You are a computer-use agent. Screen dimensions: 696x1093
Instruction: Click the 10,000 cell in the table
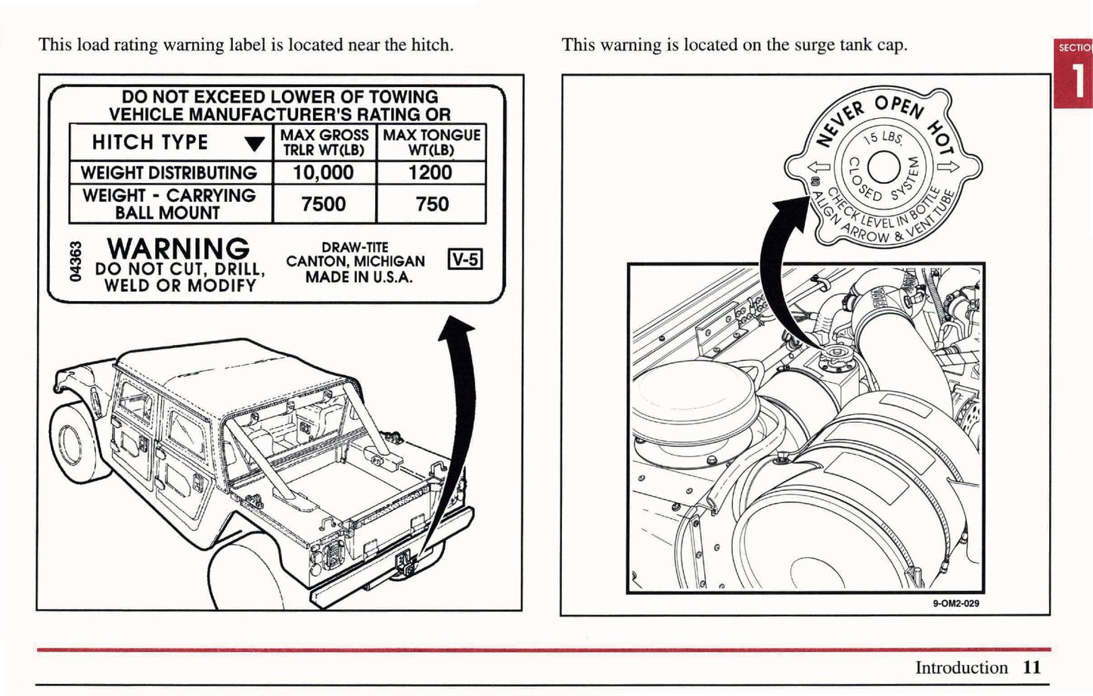click(x=323, y=172)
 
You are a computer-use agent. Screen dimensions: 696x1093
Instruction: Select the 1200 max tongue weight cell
click(x=430, y=172)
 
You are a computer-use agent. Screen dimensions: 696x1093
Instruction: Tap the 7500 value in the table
click(x=323, y=204)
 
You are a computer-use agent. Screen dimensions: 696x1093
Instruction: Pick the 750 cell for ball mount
click(x=431, y=204)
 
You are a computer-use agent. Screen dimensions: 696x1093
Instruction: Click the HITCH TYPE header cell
click(x=150, y=142)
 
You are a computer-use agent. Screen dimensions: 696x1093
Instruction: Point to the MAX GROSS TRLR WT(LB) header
click(x=324, y=142)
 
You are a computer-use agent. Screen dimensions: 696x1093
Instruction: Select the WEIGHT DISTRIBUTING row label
click(x=169, y=172)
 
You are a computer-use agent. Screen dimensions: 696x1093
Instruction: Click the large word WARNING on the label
click(x=178, y=248)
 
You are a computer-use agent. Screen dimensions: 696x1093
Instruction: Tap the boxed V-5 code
click(x=464, y=259)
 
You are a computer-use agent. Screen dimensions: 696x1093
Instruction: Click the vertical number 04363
click(x=74, y=262)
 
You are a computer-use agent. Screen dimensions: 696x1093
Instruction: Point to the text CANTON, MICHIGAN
click(x=356, y=262)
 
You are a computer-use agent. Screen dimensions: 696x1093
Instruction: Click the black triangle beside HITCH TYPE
click(x=255, y=144)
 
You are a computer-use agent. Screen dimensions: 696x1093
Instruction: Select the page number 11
click(x=1032, y=667)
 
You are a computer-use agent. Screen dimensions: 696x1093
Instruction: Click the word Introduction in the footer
click(x=961, y=667)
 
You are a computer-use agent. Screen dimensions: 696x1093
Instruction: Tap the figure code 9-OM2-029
click(x=956, y=604)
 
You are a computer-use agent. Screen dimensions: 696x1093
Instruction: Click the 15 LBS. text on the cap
click(x=882, y=137)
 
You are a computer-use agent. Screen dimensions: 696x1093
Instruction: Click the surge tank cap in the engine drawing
click(x=836, y=356)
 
